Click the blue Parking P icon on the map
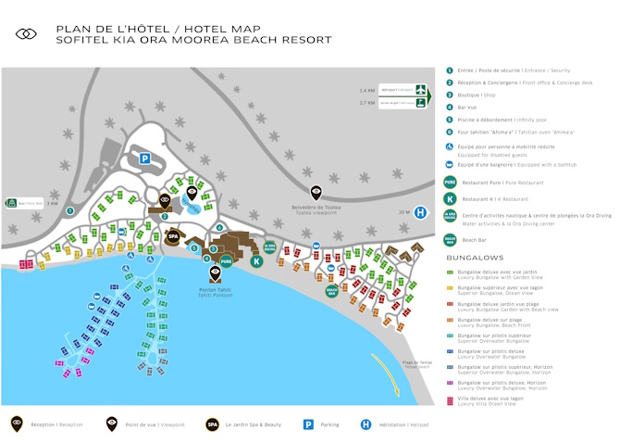coord(145,158)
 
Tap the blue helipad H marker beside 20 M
coord(420,212)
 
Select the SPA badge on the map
coord(171,236)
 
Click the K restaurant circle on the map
coord(256,262)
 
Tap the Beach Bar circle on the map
coord(331,290)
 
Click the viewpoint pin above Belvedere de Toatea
coord(316,192)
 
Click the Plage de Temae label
coord(417,362)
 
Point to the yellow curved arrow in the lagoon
coord(389,375)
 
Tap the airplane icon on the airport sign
coord(421,90)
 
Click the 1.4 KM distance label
coord(366,90)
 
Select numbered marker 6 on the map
coord(220,226)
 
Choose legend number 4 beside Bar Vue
coord(449,107)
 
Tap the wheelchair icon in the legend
coord(449,147)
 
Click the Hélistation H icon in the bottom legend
coord(366,424)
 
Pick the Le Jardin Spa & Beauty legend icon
coord(212,424)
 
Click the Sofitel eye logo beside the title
coord(26,34)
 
